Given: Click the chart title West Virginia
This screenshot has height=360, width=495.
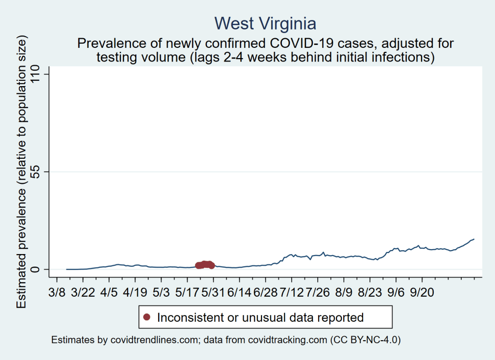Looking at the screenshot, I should coord(265,23).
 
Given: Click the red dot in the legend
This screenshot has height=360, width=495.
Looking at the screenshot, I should coord(147,317).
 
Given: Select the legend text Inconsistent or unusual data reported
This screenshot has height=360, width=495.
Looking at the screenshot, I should coord(260,317).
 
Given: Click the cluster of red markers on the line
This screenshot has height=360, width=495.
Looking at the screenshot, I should coord(205,265).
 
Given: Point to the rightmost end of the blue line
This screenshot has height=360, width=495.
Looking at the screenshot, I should coord(474,239).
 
